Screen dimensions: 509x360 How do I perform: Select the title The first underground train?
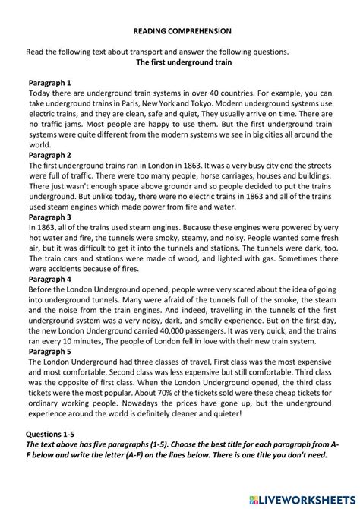click(x=182, y=62)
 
